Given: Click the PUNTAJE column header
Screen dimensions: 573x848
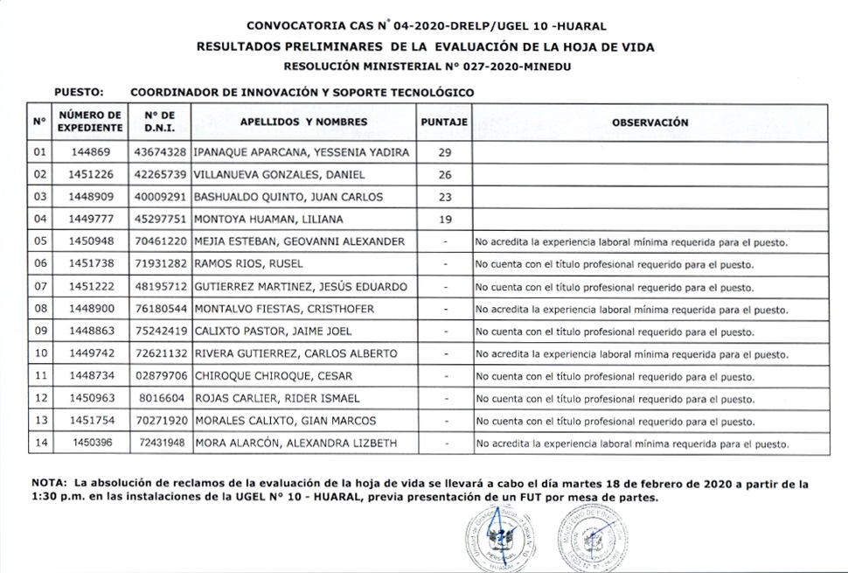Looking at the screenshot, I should click(x=444, y=122).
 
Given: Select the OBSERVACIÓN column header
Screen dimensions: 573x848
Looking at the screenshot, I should click(x=650, y=122).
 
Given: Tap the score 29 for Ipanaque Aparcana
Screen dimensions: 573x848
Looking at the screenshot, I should click(x=444, y=152).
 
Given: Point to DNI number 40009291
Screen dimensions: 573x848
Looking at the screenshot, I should click(x=160, y=197).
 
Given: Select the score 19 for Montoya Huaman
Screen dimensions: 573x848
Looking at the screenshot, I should click(x=444, y=220).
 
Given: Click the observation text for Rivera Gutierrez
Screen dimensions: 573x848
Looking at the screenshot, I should click(x=631, y=354).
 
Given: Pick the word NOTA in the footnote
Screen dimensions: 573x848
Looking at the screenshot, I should click(x=50, y=483).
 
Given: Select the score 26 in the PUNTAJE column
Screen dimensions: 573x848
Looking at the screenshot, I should click(x=444, y=175).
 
